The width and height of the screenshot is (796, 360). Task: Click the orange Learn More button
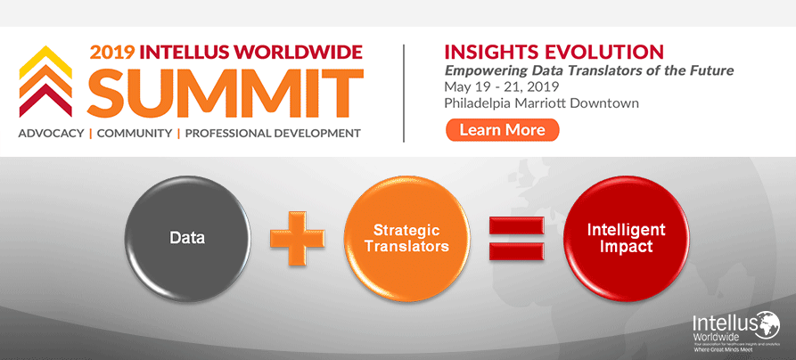502,130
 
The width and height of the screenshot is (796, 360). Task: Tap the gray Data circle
188,238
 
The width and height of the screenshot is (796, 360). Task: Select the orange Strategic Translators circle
406,238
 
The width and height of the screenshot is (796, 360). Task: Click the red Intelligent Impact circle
626,238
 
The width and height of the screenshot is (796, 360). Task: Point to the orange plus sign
297,238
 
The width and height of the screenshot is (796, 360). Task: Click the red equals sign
516,238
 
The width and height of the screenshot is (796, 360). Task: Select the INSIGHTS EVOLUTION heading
553,51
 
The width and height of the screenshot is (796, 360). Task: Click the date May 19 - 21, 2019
496,86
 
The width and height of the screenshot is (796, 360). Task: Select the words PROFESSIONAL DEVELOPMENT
273,134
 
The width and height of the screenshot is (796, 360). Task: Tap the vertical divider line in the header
404,92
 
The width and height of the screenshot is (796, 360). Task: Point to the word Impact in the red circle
626,246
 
